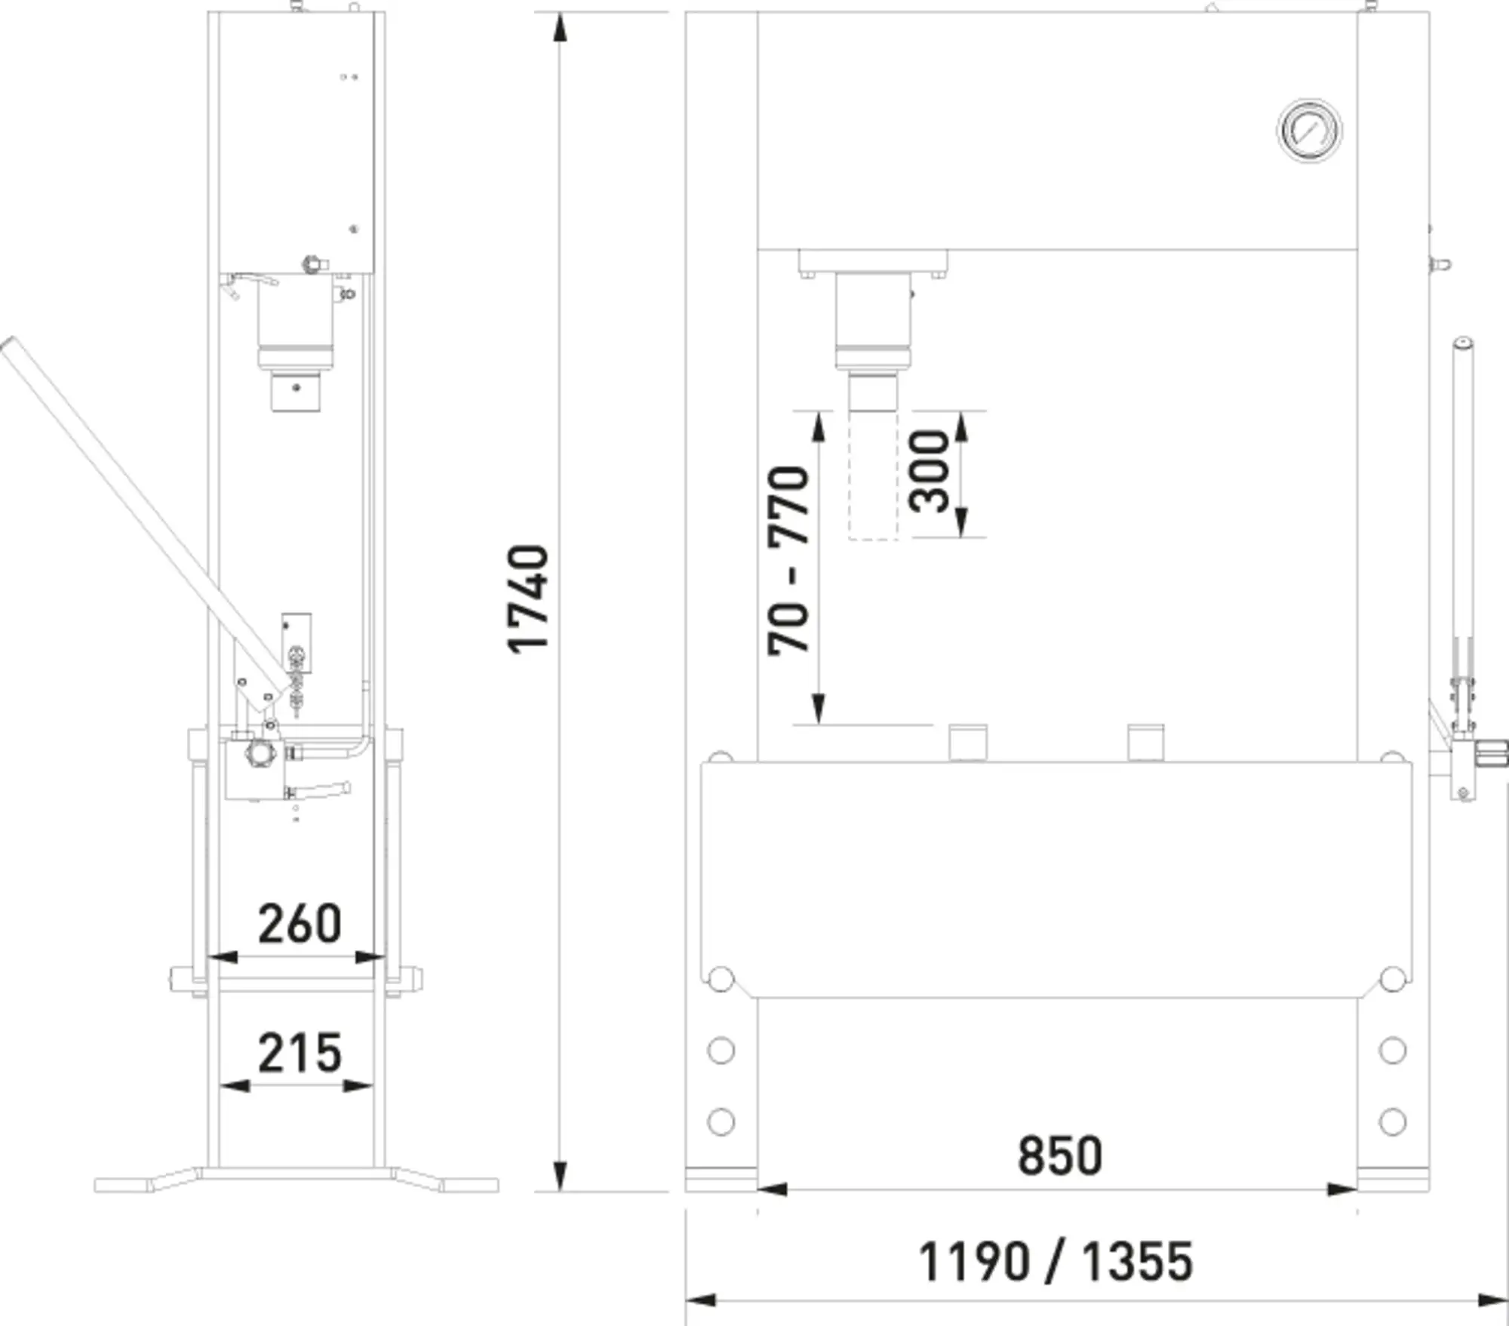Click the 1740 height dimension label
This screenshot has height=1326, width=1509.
[528, 599]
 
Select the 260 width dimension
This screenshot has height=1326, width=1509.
[300, 924]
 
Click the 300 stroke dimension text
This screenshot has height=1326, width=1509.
[928, 472]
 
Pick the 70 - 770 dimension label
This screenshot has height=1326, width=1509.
[788, 561]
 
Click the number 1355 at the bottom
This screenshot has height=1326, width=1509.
[1138, 1261]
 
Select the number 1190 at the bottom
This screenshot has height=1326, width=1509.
[973, 1261]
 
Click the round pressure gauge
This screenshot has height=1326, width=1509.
[1309, 131]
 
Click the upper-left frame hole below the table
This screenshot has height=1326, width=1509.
[721, 1050]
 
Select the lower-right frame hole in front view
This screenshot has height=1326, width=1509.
[1392, 1121]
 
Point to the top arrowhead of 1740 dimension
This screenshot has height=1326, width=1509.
[559, 27]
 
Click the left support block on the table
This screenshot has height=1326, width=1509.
[968, 743]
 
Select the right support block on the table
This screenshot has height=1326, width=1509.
[1145, 743]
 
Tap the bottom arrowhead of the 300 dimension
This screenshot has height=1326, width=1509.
[960, 522]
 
